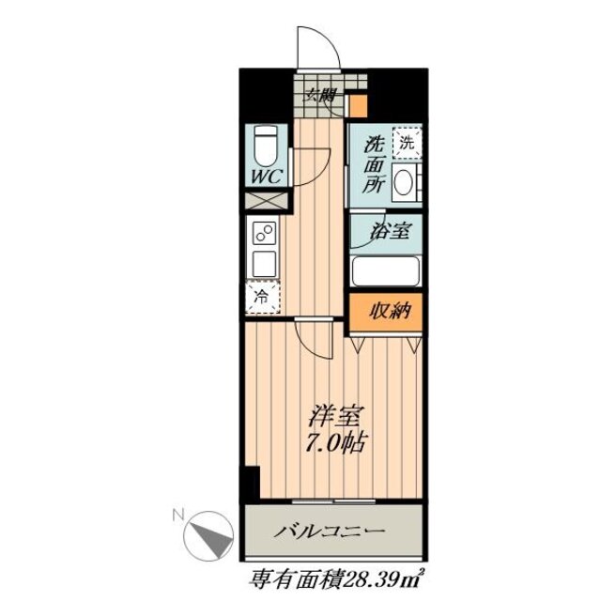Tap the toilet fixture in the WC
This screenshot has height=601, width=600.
click(265, 146)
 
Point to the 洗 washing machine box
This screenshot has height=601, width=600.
click(406, 144)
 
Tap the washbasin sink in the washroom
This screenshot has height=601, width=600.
click(407, 183)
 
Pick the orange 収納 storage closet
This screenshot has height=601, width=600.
click(386, 314)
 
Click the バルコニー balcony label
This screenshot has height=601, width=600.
click(330, 533)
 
